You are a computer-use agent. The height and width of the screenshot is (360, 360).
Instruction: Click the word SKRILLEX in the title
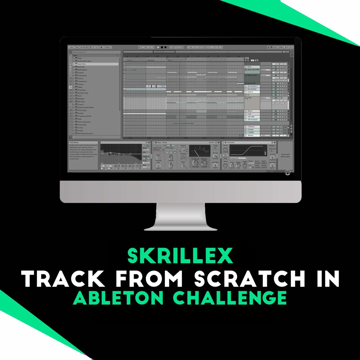[x=180, y=256]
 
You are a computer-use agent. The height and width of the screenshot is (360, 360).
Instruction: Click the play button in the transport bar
[x=158, y=47]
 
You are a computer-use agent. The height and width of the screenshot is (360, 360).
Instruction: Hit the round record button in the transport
[x=165, y=47]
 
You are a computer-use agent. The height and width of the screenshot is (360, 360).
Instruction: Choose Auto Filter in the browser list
[x=82, y=64]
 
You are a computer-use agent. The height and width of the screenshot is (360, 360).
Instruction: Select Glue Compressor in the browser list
[x=84, y=122]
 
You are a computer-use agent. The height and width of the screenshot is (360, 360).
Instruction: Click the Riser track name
[x=250, y=67]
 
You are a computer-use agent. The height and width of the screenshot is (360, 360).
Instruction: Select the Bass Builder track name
[x=252, y=89]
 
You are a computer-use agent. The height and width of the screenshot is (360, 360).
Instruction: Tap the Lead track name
[x=249, y=114]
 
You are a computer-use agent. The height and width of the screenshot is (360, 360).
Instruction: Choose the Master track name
[x=250, y=135]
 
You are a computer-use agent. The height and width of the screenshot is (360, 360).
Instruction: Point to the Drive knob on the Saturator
[x=225, y=149]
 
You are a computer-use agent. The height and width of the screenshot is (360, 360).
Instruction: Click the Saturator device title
[x=231, y=143]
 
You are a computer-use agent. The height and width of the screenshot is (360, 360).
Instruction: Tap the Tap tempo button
[x=77, y=47]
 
